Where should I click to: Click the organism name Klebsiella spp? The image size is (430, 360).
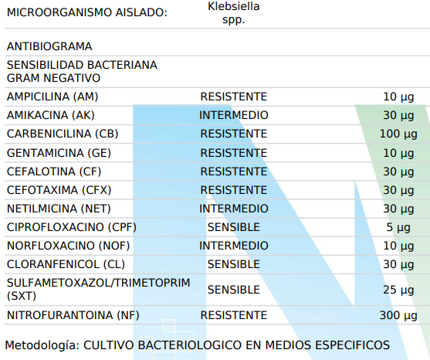[234, 13]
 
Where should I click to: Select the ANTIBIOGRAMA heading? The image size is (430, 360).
[49, 46]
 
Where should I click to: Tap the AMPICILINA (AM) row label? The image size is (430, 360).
[52, 97]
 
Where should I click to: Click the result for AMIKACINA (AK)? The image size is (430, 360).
[234, 115]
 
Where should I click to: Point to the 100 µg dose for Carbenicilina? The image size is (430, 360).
[398, 134]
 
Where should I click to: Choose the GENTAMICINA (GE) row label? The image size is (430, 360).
[59, 153]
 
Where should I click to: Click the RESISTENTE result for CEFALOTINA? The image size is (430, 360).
[234, 172]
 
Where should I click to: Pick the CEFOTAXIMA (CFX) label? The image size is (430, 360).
[59, 190]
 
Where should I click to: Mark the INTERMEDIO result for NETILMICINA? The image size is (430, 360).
[234, 209]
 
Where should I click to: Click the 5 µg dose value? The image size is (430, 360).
[398, 228]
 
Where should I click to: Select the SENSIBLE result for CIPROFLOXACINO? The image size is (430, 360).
[234, 227]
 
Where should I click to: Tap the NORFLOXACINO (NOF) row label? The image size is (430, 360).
[68, 246]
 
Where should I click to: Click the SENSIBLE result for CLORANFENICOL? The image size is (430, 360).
[234, 264]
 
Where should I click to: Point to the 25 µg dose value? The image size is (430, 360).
[398, 290]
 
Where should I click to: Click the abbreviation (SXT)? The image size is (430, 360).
[22, 296]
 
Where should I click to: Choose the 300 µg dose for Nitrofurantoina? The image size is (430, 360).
[398, 316]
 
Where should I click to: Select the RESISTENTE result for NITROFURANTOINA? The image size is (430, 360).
[234, 315]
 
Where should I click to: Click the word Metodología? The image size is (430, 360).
[42, 345]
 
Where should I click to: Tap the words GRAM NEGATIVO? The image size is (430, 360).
[53, 78]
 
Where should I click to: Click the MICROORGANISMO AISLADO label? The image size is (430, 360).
[87, 12]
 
